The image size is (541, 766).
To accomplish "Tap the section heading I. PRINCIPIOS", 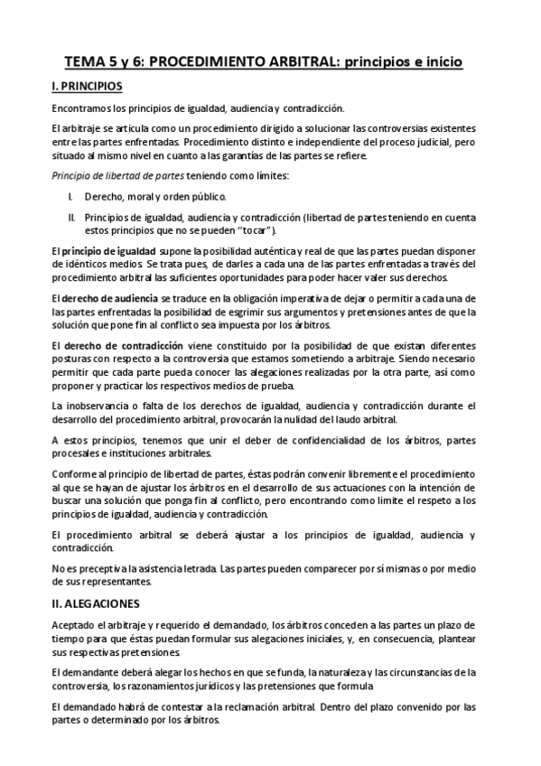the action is point(87,87).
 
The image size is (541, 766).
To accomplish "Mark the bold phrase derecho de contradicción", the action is point(120,348).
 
